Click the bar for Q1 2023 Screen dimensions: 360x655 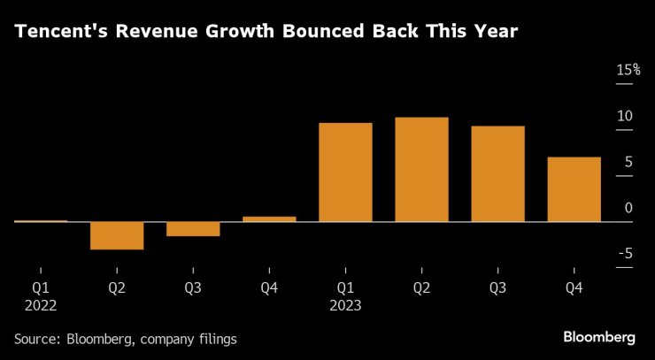tap(345, 172)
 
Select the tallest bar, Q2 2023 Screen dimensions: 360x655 tap(421, 169)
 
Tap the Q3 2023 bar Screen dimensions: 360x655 tap(497, 174)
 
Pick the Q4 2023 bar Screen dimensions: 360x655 tap(574, 189)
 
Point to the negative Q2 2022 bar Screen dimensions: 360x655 tap(117, 235)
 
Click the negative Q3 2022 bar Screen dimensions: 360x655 tap(193, 229)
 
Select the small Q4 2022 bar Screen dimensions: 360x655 tap(269, 218)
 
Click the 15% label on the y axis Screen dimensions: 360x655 tap(628, 70)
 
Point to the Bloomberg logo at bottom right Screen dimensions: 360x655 tap(599, 337)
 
